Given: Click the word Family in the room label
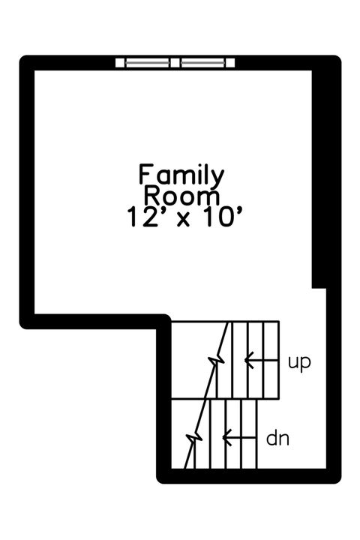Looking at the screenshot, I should (x=181, y=175).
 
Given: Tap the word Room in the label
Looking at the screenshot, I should (x=181, y=196).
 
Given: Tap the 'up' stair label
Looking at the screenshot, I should (x=299, y=362).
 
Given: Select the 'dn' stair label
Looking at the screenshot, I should (x=278, y=437).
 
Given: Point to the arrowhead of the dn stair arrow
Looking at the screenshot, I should (x=226, y=435).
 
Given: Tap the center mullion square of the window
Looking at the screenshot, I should (x=178, y=62).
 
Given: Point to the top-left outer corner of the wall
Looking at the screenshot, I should (x=24, y=60).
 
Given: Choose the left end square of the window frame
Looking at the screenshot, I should (x=121, y=62).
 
